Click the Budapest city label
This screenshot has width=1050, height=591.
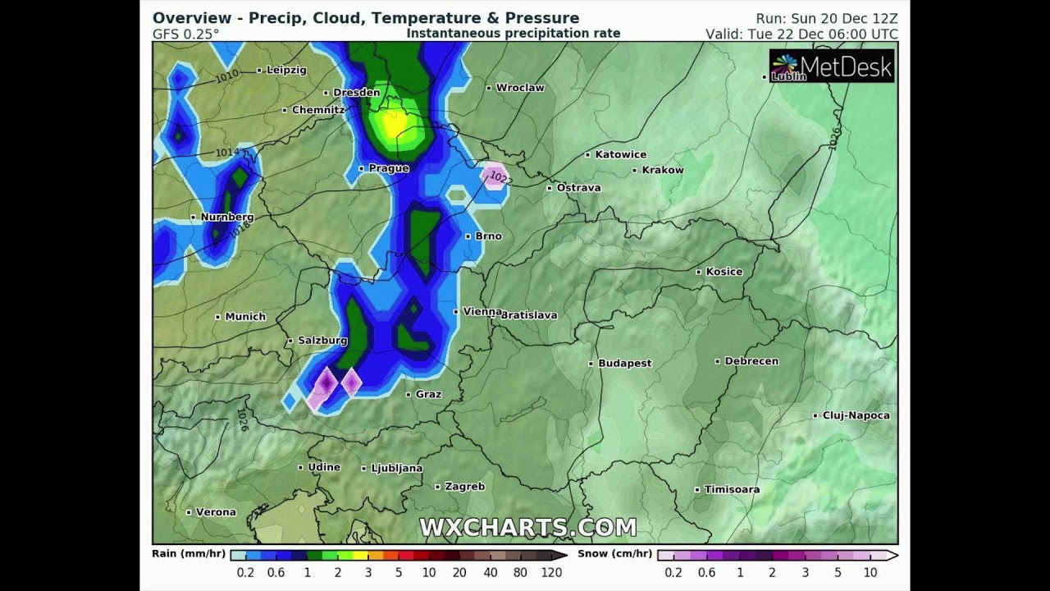click(x=624, y=363)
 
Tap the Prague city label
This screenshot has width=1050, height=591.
click(x=388, y=168)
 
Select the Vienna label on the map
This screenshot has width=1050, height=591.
click(x=482, y=311)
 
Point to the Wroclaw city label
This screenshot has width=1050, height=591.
click(x=520, y=88)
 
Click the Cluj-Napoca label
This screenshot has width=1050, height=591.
click(x=856, y=415)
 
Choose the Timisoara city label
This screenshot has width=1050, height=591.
click(x=732, y=489)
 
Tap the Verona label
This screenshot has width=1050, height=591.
click(x=216, y=511)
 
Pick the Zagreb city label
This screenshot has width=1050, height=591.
click(x=464, y=486)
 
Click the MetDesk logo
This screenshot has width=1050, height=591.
click(x=832, y=66)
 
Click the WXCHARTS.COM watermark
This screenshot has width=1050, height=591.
click(x=527, y=527)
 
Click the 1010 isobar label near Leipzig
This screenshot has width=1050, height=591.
click(x=227, y=76)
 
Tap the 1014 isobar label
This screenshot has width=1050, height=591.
click(x=227, y=153)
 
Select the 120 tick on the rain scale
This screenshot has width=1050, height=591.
click(x=551, y=572)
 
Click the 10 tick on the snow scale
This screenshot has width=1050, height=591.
click(x=870, y=572)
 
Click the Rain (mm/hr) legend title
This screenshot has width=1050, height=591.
click(x=189, y=554)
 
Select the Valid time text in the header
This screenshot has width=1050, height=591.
click(x=801, y=34)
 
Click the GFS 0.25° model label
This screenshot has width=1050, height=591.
click(x=185, y=34)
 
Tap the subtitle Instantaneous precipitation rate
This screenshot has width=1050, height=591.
click(x=514, y=34)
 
